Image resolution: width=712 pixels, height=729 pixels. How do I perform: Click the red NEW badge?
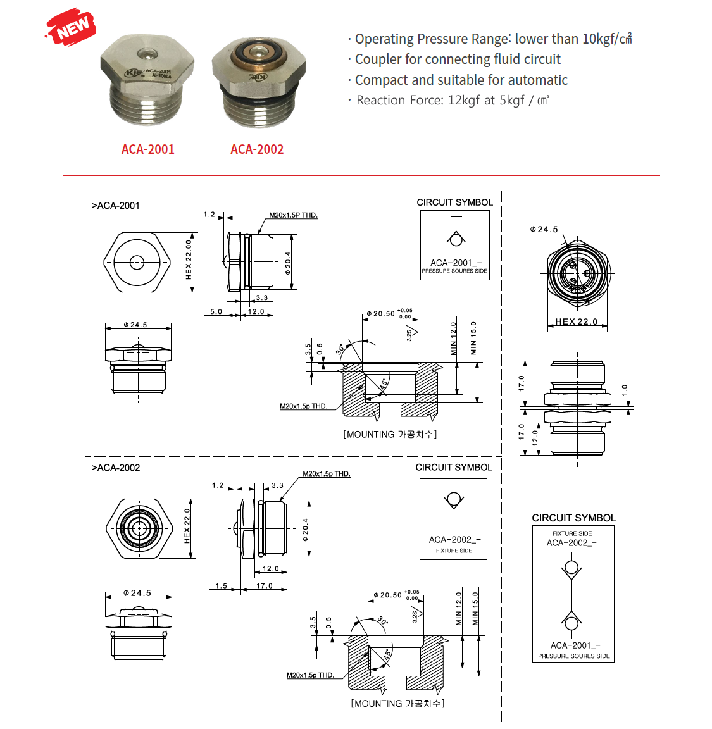[x=72, y=27]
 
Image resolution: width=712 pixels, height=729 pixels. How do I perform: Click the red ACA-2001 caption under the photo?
[x=147, y=149]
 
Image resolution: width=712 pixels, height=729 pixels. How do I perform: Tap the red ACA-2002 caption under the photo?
[x=257, y=149]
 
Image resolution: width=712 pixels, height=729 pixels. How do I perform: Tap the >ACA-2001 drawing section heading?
[x=116, y=206]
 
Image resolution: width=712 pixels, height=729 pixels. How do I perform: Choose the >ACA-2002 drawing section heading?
[x=116, y=468]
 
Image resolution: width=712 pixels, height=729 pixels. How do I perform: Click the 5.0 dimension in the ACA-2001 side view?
[x=216, y=311]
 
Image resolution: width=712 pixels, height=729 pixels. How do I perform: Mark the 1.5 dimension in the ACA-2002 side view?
[x=221, y=586]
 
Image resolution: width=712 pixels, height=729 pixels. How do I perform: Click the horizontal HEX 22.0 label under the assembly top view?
[x=576, y=321]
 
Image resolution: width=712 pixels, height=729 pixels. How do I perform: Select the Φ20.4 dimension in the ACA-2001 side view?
[x=288, y=263]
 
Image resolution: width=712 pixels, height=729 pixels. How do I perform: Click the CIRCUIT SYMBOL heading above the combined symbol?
[x=573, y=518]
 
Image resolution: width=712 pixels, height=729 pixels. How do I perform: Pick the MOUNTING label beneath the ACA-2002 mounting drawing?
[x=397, y=703]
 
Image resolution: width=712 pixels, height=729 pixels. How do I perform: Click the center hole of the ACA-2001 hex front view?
[x=137, y=262]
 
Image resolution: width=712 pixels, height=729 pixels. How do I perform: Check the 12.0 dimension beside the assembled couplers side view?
[x=535, y=437]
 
